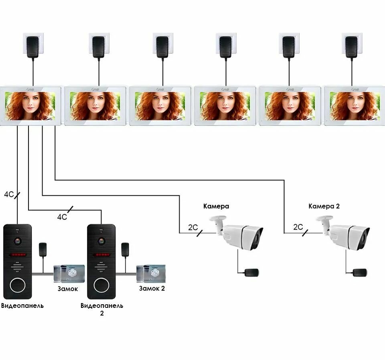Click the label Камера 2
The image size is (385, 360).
(x=324, y=206)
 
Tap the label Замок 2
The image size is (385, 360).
(x=152, y=288)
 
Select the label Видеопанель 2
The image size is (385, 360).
(x=102, y=309)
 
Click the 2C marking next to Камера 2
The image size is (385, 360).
(x=298, y=227)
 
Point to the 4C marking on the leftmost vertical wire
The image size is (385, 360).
(x=9, y=194)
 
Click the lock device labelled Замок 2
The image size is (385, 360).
(x=150, y=274)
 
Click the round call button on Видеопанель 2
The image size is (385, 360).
(x=101, y=285)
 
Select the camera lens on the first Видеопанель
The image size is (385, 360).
(x=17, y=241)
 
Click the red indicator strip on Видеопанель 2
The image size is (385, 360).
(x=101, y=255)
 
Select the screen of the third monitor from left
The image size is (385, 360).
(x=160, y=105)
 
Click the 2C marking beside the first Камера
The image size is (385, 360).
(x=193, y=227)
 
